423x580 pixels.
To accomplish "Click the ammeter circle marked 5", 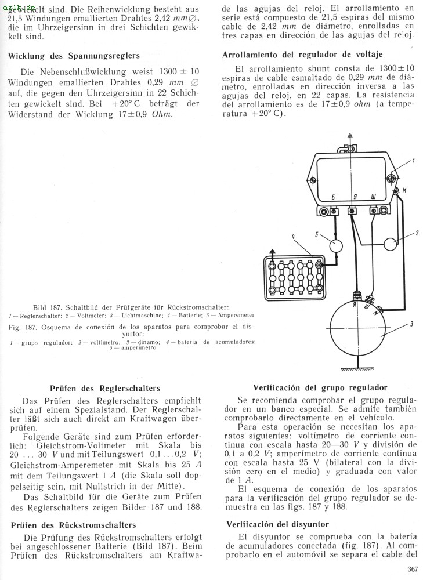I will point(336,246).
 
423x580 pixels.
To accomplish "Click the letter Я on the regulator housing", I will point(353,197).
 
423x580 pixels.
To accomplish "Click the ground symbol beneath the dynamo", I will point(357,368).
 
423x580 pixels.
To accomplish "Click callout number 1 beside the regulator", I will point(413,160).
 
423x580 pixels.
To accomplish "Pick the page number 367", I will point(412,568).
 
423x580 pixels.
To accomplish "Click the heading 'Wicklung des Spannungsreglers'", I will point(74,56).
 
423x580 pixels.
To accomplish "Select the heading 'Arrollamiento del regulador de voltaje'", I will point(302,55).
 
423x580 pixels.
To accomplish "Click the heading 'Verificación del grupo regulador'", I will point(320,387).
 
